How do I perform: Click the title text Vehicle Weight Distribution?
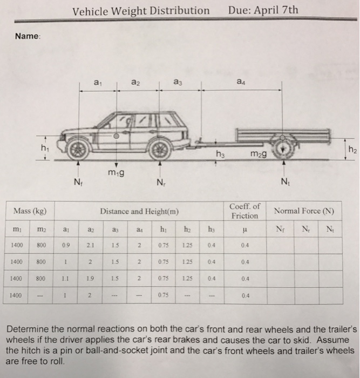point(141,10)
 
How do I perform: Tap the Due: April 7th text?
point(263,10)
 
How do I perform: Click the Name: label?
point(28,36)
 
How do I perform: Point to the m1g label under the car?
point(116,172)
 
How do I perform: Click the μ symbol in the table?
point(245,229)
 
